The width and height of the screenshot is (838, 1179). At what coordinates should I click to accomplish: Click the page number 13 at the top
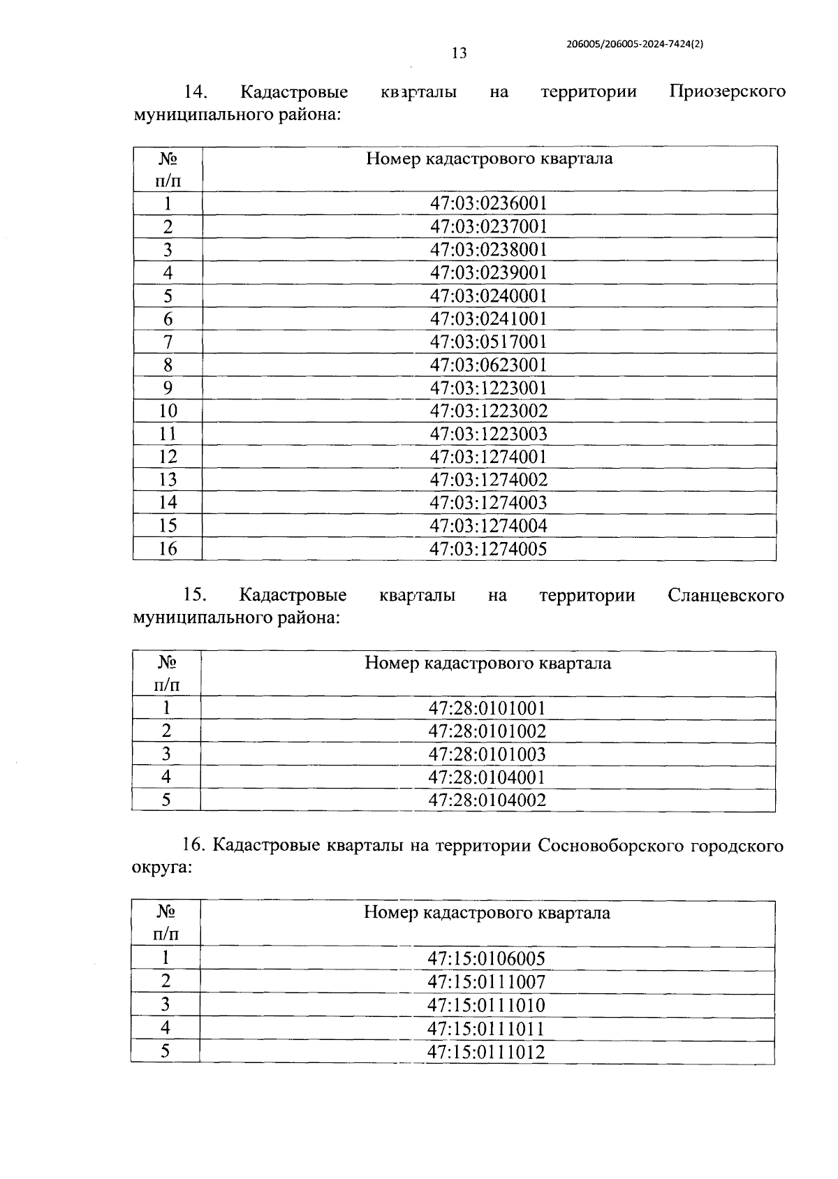(x=459, y=53)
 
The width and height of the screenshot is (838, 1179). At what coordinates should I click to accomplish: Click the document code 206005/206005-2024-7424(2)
(x=634, y=43)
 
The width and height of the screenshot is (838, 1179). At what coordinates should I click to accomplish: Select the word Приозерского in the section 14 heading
(x=727, y=91)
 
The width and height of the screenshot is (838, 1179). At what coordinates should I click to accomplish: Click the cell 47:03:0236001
(x=488, y=203)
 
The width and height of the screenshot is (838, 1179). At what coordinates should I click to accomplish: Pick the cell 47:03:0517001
(x=488, y=342)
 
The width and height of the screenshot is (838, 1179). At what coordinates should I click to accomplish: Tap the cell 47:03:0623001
(x=488, y=365)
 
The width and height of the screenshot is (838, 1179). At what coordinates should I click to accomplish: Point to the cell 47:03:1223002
(x=488, y=411)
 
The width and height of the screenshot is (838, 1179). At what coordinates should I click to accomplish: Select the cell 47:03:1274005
(x=488, y=549)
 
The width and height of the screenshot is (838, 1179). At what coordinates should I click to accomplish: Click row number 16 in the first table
(x=168, y=549)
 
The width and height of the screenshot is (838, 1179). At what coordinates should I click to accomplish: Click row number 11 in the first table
(x=168, y=434)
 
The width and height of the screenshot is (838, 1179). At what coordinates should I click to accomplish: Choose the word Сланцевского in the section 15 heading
(x=726, y=596)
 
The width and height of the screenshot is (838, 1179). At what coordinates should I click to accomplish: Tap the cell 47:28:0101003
(x=487, y=754)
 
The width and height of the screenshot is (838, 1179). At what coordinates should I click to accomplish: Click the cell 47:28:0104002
(x=487, y=800)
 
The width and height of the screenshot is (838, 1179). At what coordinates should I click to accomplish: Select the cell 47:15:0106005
(x=486, y=959)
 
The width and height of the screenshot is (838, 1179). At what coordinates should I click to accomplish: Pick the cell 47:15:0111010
(x=486, y=1006)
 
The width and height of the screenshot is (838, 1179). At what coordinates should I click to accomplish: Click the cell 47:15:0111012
(x=486, y=1053)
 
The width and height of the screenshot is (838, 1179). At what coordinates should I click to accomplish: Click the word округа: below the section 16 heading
(x=161, y=868)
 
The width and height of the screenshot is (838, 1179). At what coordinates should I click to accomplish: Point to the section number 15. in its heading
(x=194, y=596)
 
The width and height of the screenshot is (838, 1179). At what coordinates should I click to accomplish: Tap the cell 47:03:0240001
(x=488, y=295)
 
